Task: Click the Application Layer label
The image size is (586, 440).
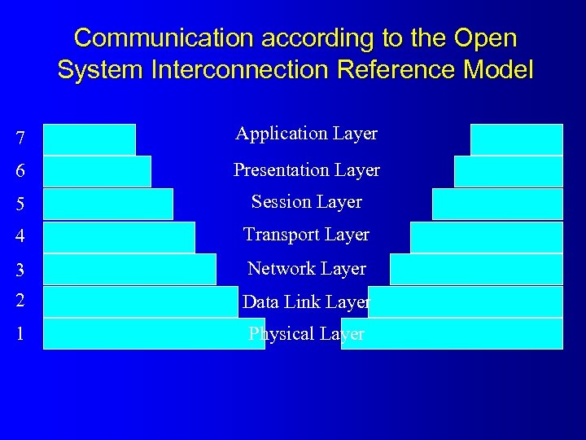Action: click(x=306, y=134)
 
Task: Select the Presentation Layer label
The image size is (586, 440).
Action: click(x=306, y=169)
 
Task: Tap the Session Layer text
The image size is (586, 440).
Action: click(x=306, y=201)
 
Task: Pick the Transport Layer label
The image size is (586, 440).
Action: click(x=306, y=235)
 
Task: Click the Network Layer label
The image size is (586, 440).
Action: click(x=306, y=268)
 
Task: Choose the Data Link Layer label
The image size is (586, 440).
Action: click(x=306, y=301)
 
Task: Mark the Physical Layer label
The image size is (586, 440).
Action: click(x=306, y=333)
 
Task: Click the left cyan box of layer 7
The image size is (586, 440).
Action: click(x=90, y=139)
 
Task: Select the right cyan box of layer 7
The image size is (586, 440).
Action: click(x=516, y=139)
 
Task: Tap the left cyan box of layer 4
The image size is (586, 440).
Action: click(x=119, y=237)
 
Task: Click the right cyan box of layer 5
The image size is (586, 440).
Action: click(x=497, y=204)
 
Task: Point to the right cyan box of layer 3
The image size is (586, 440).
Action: click(x=476, y=269)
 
